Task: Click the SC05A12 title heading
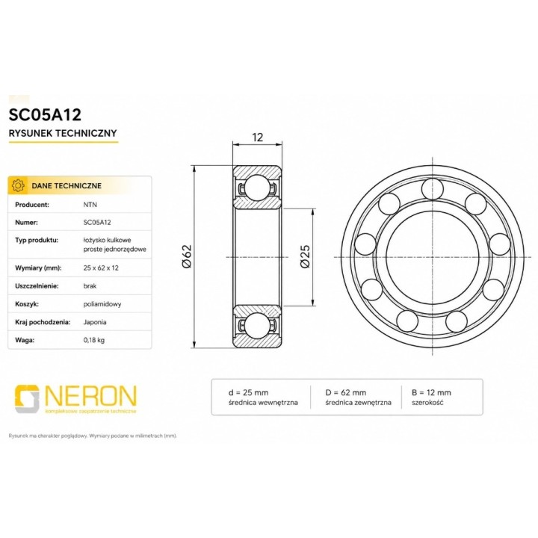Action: (45, 114)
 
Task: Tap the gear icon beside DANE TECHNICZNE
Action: (18, 185)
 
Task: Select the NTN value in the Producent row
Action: (90, 205)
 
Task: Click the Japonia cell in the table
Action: (95, 322)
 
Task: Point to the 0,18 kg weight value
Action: (94, 340)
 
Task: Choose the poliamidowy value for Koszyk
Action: (102, 304)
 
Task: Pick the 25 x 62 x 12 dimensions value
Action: (101, 268)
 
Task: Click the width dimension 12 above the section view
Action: (257, 137)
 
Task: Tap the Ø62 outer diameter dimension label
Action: (187, 256)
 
